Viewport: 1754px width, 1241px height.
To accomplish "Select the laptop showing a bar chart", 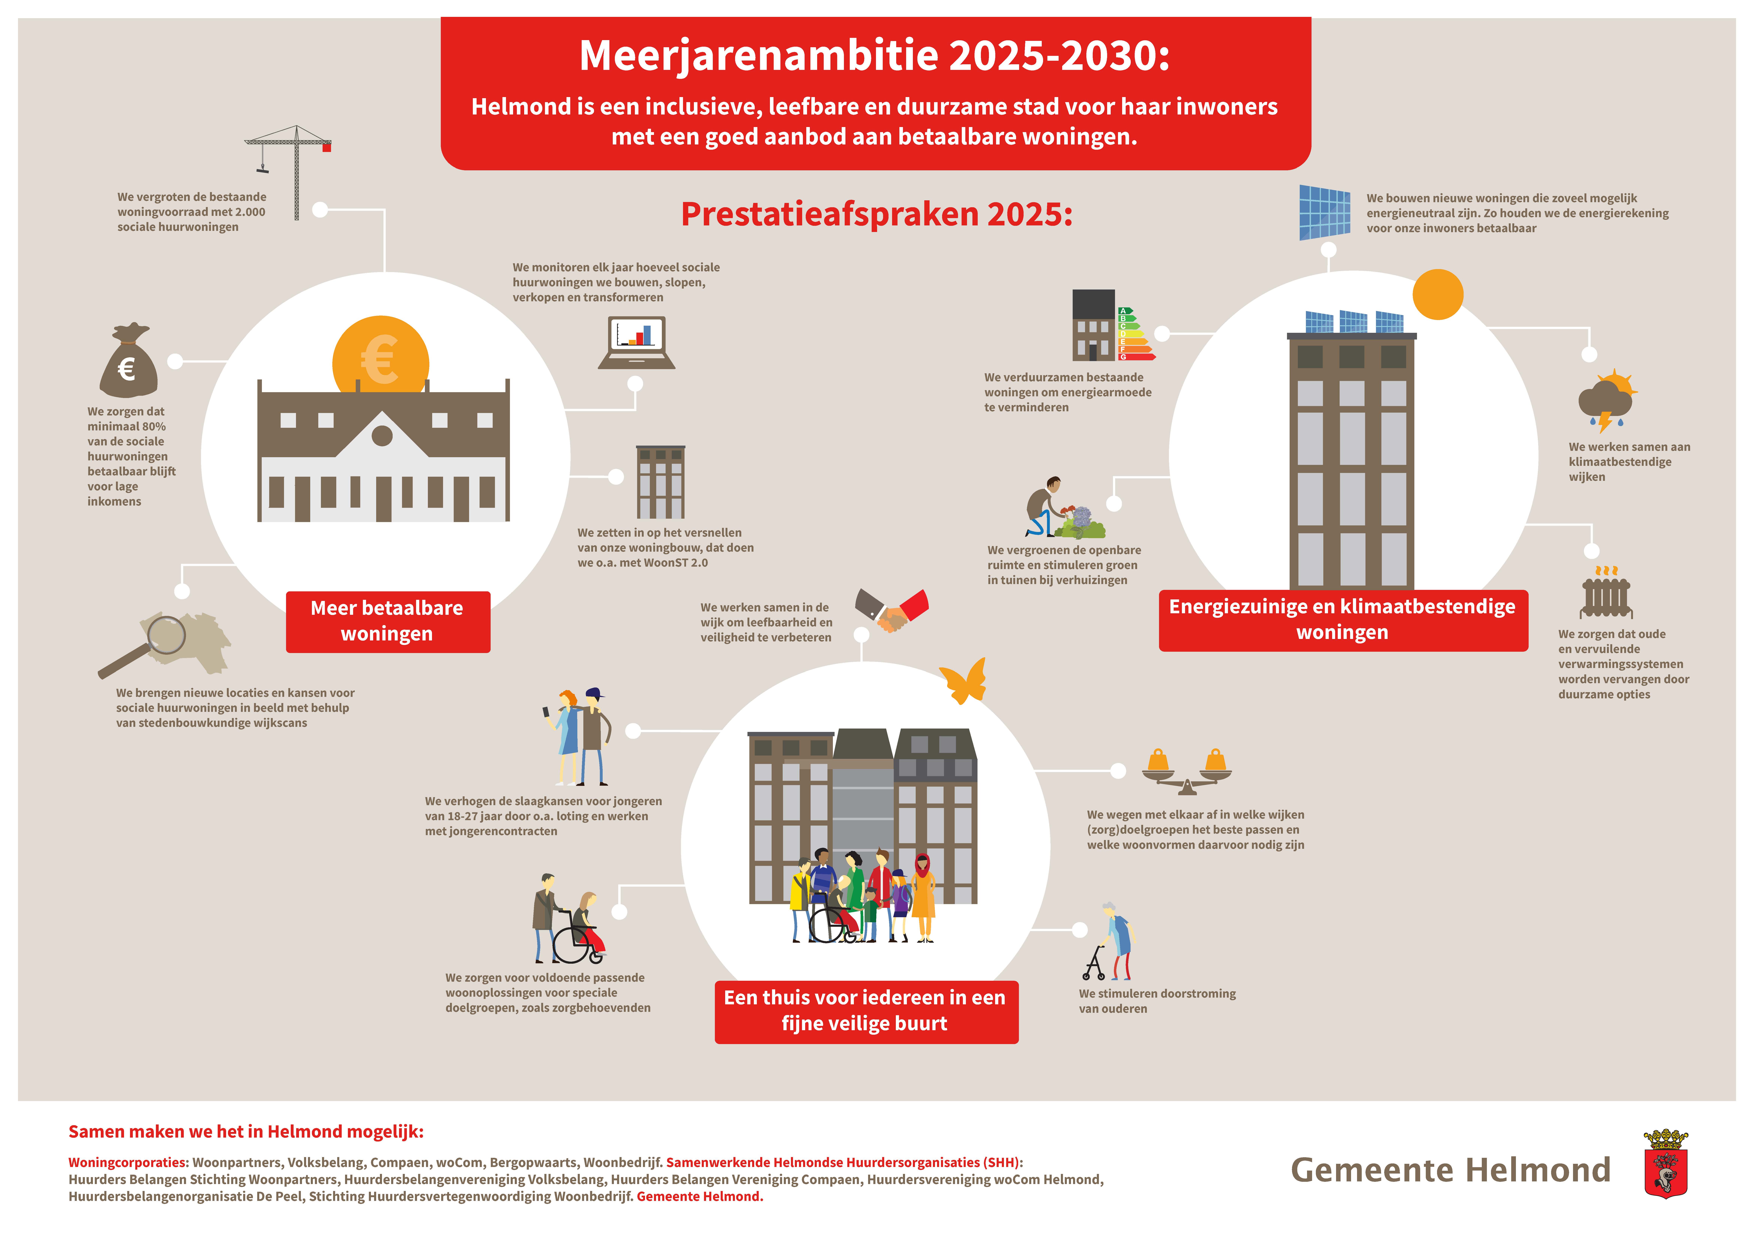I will coord(636,342).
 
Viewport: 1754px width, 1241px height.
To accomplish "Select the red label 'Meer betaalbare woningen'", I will coord(387,621).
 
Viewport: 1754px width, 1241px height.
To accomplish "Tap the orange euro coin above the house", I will coord(380,356).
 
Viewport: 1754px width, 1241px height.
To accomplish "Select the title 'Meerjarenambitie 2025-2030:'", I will coord(875,56).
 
